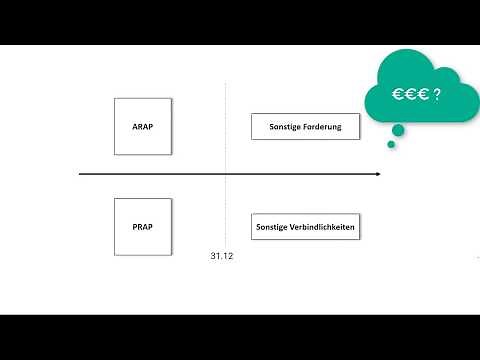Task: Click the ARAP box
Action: [143, 126]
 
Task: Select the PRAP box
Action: [143, 227]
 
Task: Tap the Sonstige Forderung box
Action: [305, 127]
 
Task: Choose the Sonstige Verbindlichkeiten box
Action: [305, 227]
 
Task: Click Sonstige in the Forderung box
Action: [285, 127]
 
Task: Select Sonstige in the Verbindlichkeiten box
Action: [271, 227]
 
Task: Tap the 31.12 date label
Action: [222, 257]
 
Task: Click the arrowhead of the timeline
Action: [378, 175]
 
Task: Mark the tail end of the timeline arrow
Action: [80, 175]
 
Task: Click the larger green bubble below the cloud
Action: [398, 129]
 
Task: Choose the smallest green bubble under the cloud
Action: [391, 144]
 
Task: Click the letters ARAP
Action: [143, 126]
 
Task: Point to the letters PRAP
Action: [143, 227]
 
